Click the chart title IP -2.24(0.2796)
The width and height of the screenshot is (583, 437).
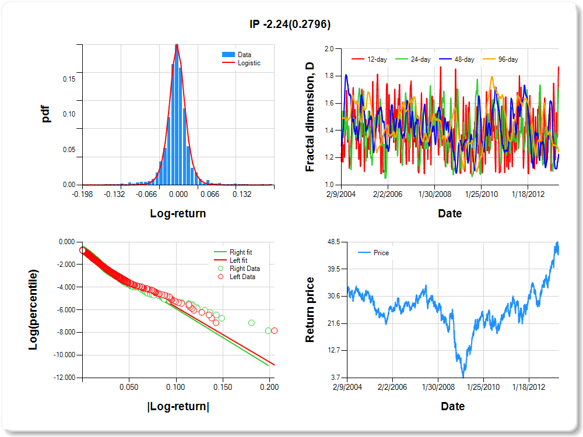[x=290, y=24]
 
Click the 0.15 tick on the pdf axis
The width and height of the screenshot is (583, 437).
[x=69, y=79]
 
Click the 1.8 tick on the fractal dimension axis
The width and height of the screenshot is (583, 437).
[x=329, y=76]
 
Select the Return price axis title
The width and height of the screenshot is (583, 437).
[x=310, y=309]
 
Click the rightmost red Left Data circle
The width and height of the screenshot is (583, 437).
[x=274, y=330]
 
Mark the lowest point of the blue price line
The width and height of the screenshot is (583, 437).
[x=463, y=376]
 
